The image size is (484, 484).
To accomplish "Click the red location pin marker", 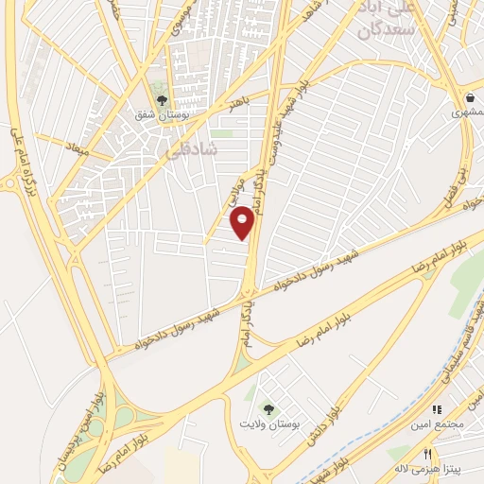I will coord(242,223).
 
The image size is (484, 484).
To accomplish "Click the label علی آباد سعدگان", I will coord(387,19).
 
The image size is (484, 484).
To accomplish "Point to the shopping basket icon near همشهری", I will coord(470,97).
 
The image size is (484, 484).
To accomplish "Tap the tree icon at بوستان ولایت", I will coord(269,409).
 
